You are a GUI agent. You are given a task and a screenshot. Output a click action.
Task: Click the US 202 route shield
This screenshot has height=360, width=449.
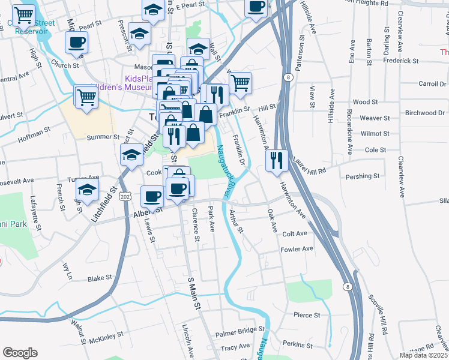tap(124, 196)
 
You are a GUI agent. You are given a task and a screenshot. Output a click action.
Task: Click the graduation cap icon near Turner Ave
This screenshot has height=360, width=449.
tap(88, 190)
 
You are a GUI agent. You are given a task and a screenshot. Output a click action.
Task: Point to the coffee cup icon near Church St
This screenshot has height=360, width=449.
tap(76, 43)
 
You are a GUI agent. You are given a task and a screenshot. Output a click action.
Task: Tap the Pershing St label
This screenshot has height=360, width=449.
tap(363, 177)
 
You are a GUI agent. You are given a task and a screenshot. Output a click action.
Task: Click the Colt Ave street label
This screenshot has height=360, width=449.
tap(295, 233)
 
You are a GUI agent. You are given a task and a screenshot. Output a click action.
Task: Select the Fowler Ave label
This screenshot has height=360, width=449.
tap(297, 248)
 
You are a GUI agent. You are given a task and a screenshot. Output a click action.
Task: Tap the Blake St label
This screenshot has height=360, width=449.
tap(100, 278)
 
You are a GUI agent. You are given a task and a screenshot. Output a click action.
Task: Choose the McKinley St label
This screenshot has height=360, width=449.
tap(106, 338)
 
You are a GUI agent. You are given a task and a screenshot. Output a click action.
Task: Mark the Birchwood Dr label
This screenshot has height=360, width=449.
tap(425, 113)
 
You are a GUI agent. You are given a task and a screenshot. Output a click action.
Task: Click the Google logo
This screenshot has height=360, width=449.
tap(20, 353)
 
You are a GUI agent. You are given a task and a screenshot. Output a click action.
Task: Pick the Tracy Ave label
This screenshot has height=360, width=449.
tap(235, 347)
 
